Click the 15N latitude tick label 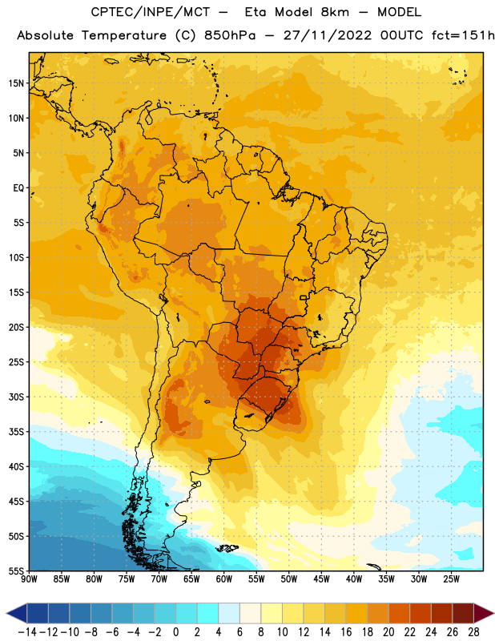click(16, 83)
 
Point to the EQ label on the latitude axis click(18, 188)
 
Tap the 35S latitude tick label click(16, 432)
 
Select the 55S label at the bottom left click(16, 571)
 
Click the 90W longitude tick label click(29, 579)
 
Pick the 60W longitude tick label click(224, 579)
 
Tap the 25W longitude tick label click(452, 579)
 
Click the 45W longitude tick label click(322, 579)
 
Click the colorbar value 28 click(473, 632)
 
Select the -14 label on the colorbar click(28, 632)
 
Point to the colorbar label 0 click(176, 632)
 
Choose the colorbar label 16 click(346, 632)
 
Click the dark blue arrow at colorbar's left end click(17, 613)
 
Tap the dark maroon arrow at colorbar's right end click(484, 613)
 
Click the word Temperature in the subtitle click(124, 36)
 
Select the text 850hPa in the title click(230, 35)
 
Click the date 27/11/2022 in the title click(328, 35)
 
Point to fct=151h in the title click(463, 35)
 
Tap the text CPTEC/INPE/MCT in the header click(150, 12)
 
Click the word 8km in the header click(335, 12)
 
